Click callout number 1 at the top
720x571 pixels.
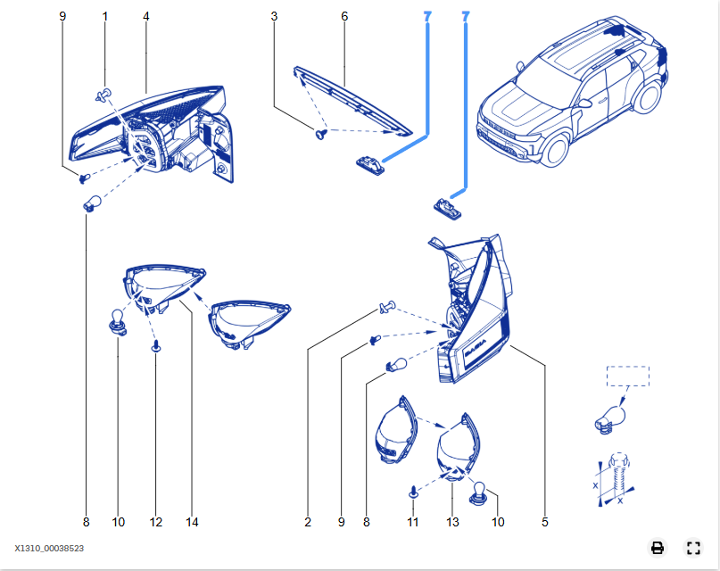tap(105, 16)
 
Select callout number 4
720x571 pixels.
tap(145, 16)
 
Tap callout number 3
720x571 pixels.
tap(274, 16)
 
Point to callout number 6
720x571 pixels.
tap(344, 16)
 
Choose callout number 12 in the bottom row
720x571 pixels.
tap(157, 521)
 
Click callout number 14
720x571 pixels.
tap(191, 521)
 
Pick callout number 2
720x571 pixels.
tap(308, 521)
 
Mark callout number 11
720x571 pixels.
tap(413, 521)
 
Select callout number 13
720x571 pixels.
tap(452, 521)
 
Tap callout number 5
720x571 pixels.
tap(544, 521)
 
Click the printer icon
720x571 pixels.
tap(658, 548)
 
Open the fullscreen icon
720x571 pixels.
tap(693, 548)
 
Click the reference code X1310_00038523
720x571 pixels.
tap(49, 549)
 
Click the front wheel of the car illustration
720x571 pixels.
tap(553, 149)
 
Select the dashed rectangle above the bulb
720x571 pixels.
tap(628, 376)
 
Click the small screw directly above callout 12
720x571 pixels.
tap(157, 345)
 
